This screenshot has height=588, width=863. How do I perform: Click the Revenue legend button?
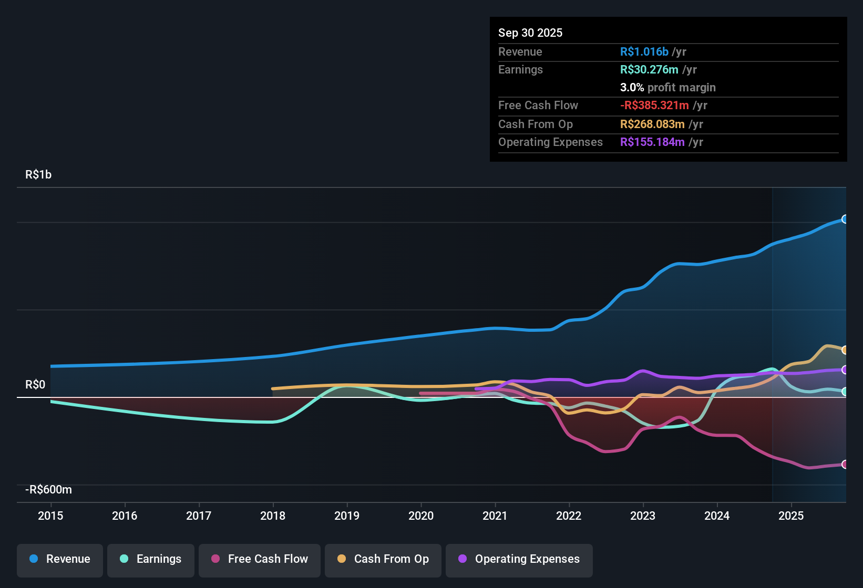(x=60, y=559)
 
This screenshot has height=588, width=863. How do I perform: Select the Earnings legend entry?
(x=151, y=559)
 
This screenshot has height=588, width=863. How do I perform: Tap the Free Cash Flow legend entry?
(x=260, y=559)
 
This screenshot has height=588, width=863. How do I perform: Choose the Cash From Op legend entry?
(x=383, y=559)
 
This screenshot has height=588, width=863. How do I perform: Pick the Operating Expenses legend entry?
(x=519, y=559)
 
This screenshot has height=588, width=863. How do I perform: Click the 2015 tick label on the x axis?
(x=50, y=516)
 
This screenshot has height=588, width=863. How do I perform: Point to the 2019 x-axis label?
(x=347, y=516)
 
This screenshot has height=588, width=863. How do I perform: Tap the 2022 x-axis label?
(x=569, y=516)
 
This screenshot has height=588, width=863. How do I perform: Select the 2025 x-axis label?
(x=791, y=516)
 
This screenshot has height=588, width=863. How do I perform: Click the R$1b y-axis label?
(x=38, y=175)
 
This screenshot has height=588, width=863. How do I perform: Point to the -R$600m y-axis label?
(x=48, y=490)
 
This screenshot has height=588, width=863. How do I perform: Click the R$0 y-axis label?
(x=35, y=385)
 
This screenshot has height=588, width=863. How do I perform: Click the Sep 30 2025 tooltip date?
(x=530, y=33)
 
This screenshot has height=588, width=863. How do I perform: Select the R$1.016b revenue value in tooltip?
(x=644, y=52)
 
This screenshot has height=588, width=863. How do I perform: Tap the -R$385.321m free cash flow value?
(x=654, y=106)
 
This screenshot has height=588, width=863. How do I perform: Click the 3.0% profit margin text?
(x=667, y=88)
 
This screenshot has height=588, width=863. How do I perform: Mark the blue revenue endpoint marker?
(x=845, y=219)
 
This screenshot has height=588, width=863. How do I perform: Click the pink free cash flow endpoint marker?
(x=845, y=464)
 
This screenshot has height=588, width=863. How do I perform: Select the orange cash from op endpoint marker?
(x=845, y=350)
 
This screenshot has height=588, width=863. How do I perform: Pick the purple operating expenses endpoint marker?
(x=845, y=370)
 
